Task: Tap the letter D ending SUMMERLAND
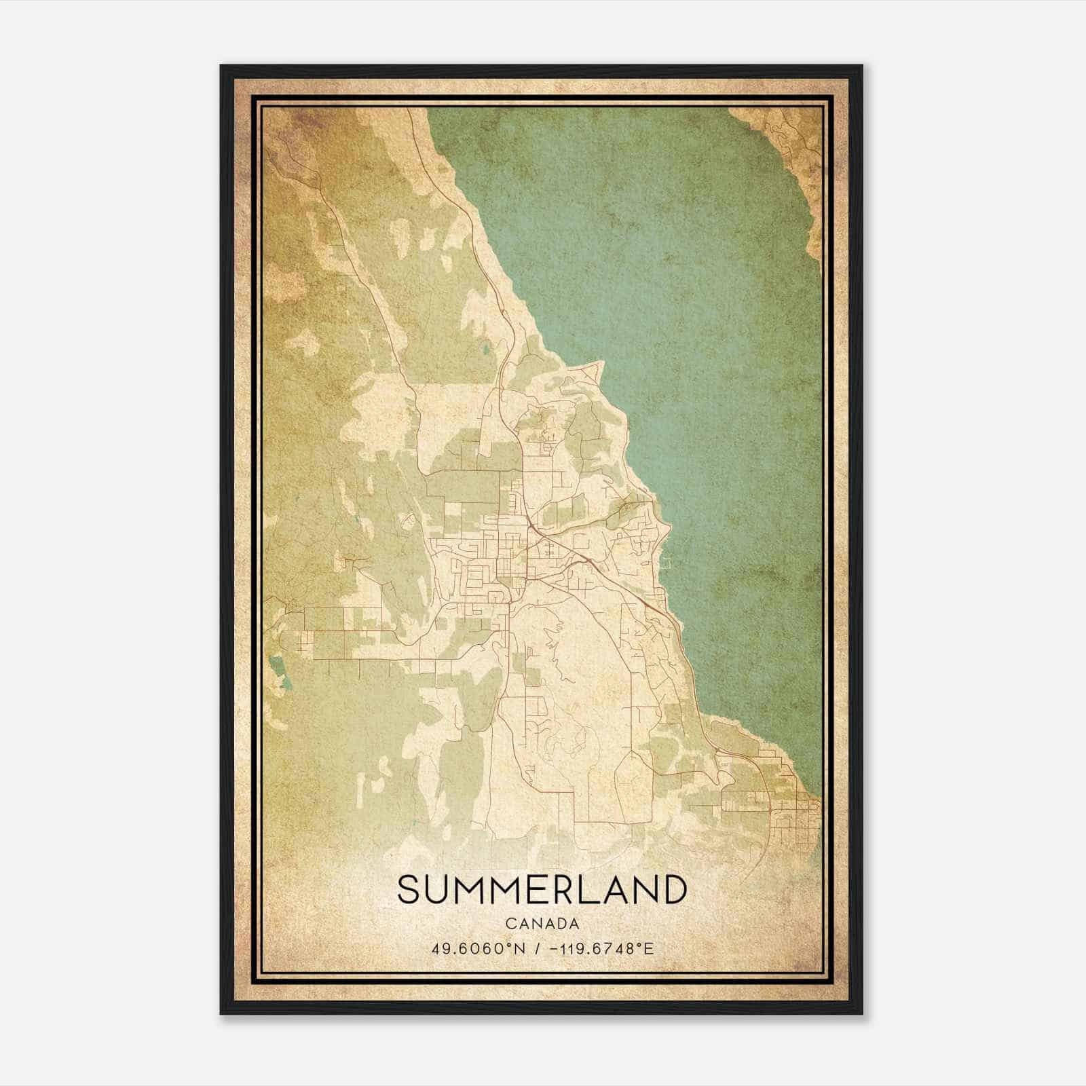coord(672,891)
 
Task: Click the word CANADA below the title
coord(542,924)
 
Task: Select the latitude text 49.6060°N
coord(480,948)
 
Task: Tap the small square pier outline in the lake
coord(667,563)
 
